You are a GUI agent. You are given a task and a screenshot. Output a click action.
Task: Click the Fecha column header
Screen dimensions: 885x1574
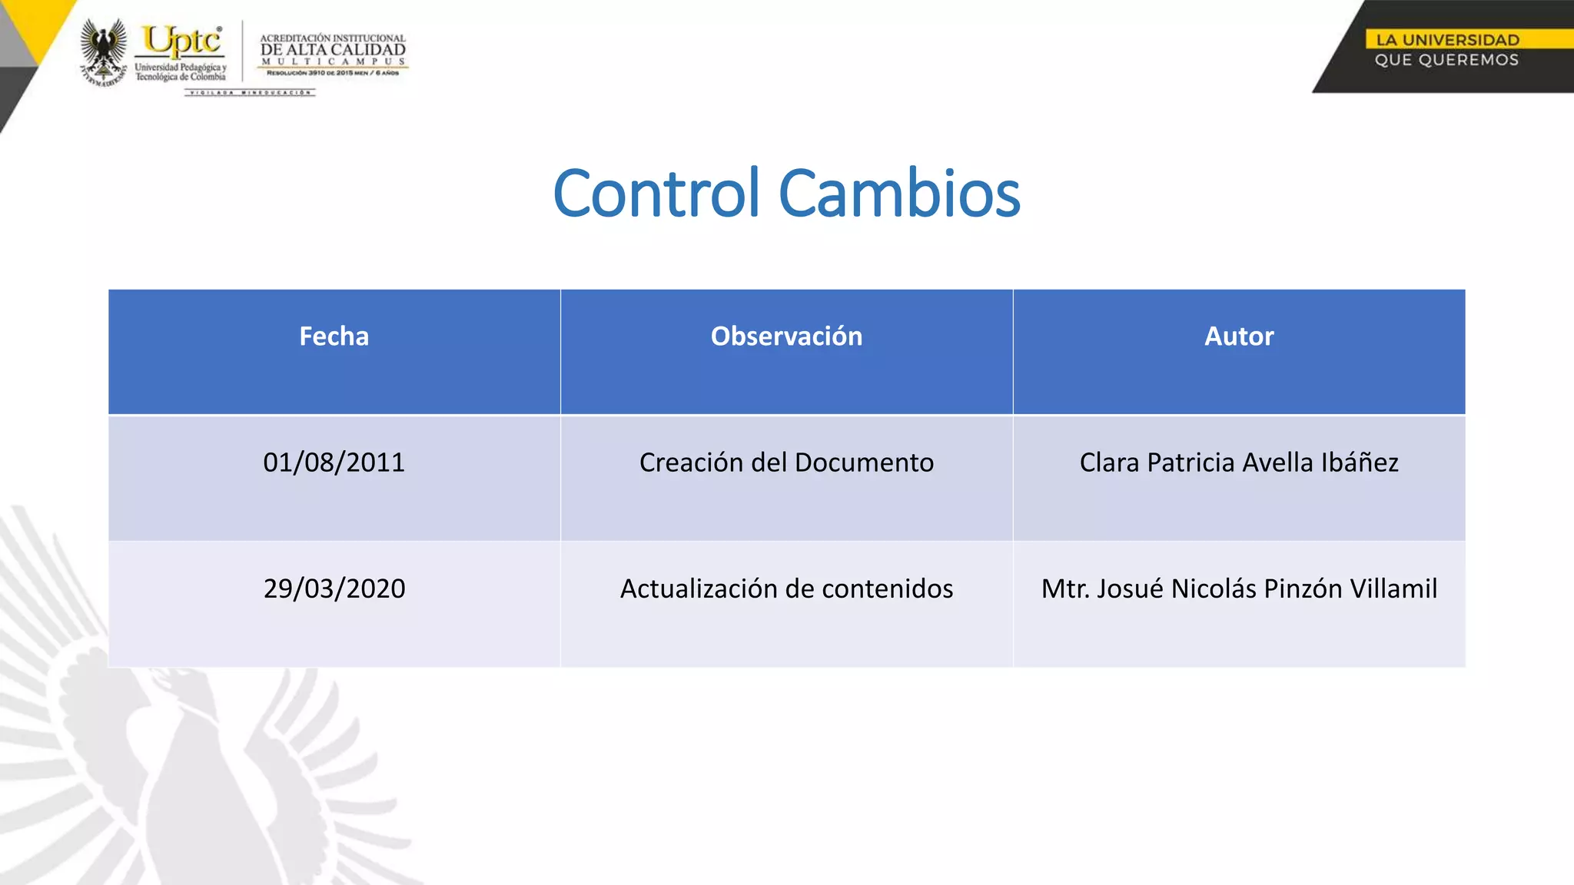pos(334,336)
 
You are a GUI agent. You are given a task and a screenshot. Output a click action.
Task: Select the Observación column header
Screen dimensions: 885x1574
pos(786,336)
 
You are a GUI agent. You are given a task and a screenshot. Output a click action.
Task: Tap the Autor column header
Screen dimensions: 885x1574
pos(1238,336)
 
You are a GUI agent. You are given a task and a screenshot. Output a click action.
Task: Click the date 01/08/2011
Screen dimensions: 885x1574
pos(334,462)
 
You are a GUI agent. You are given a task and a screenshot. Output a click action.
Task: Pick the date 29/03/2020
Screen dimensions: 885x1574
pos(334,588)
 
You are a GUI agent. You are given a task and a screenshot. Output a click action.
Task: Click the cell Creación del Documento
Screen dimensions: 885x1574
pos(786,462)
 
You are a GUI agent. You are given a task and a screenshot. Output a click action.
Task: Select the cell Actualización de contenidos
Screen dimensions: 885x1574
pos(786,588)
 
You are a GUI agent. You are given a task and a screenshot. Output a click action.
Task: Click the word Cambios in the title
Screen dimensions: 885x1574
pos(899,194)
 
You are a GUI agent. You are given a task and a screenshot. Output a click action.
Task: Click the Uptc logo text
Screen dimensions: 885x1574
pos(182,41)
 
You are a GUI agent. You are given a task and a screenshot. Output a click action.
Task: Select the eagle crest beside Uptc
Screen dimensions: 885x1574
pos(104,51)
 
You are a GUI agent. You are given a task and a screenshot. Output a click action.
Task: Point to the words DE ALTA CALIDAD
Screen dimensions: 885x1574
pos(333,50)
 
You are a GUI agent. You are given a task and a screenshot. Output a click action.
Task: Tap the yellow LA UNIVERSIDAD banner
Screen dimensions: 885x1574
pos(1447,40)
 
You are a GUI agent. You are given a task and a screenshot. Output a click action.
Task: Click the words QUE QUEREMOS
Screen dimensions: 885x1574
pos(1446,60)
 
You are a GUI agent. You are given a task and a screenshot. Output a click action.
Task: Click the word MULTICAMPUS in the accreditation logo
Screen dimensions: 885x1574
pos(333,61)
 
